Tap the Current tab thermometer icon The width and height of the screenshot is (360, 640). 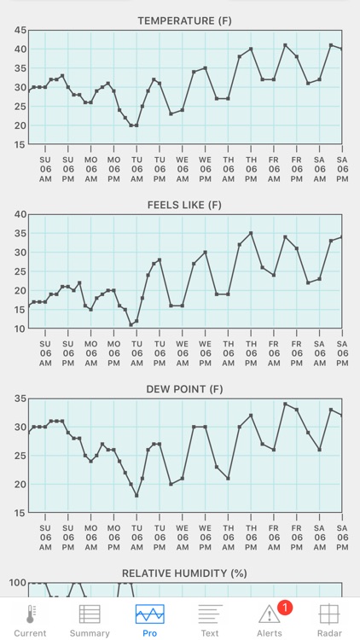pyautogui.click(x=30, y=614)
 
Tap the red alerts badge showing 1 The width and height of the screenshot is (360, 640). pyautogui.click(x=285, y=608)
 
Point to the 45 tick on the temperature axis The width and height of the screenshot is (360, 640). pyautogui.click(x=20, y=30)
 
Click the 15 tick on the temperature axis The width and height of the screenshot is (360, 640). pyautogui.click(x=20, y=144)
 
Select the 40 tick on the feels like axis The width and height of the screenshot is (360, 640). pyautogui.click(x=20, y=214)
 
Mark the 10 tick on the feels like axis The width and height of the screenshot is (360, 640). pyautogui.click(x=20, y=329)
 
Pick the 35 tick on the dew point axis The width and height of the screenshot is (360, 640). pyautogui.click(x=20, y=399)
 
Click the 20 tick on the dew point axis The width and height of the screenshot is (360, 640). pyautogui.click(x=20, y=484)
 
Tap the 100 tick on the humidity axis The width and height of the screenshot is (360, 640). pyautogui.click(x=16, y=583)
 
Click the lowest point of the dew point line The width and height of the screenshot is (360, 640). pyautogui.click(x=136, y=495)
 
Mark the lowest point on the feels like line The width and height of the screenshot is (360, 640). pyautogui.click(x=131, y=325)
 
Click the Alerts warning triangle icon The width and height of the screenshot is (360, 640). pyautogui.click(x=270, y=614)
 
